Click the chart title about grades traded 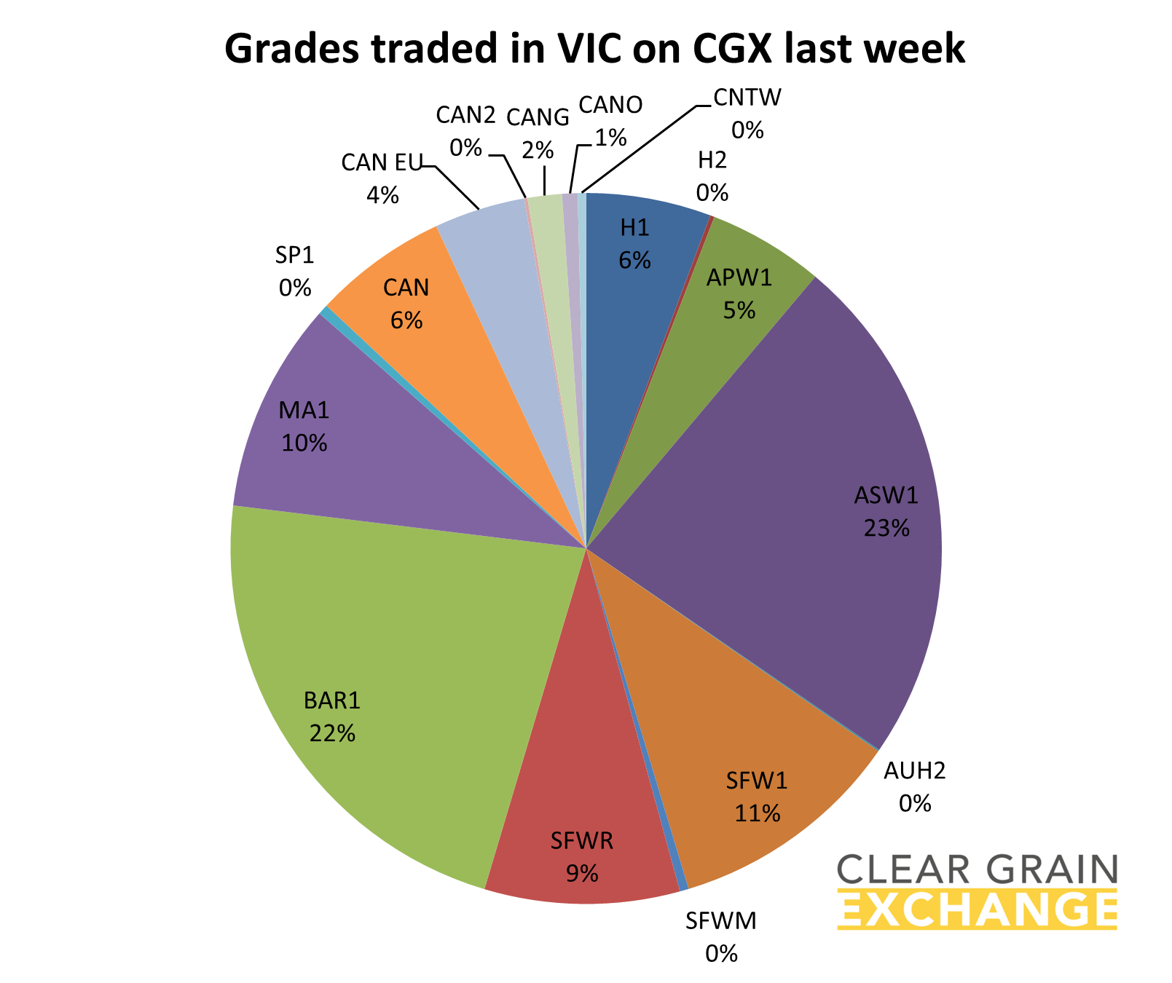594,50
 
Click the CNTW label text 747,97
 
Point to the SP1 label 294,256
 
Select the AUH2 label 914,771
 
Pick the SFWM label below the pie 721,922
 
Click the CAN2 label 465,115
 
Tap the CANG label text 538,117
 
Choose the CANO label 610,106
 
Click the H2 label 712,160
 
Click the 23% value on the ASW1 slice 886,528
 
